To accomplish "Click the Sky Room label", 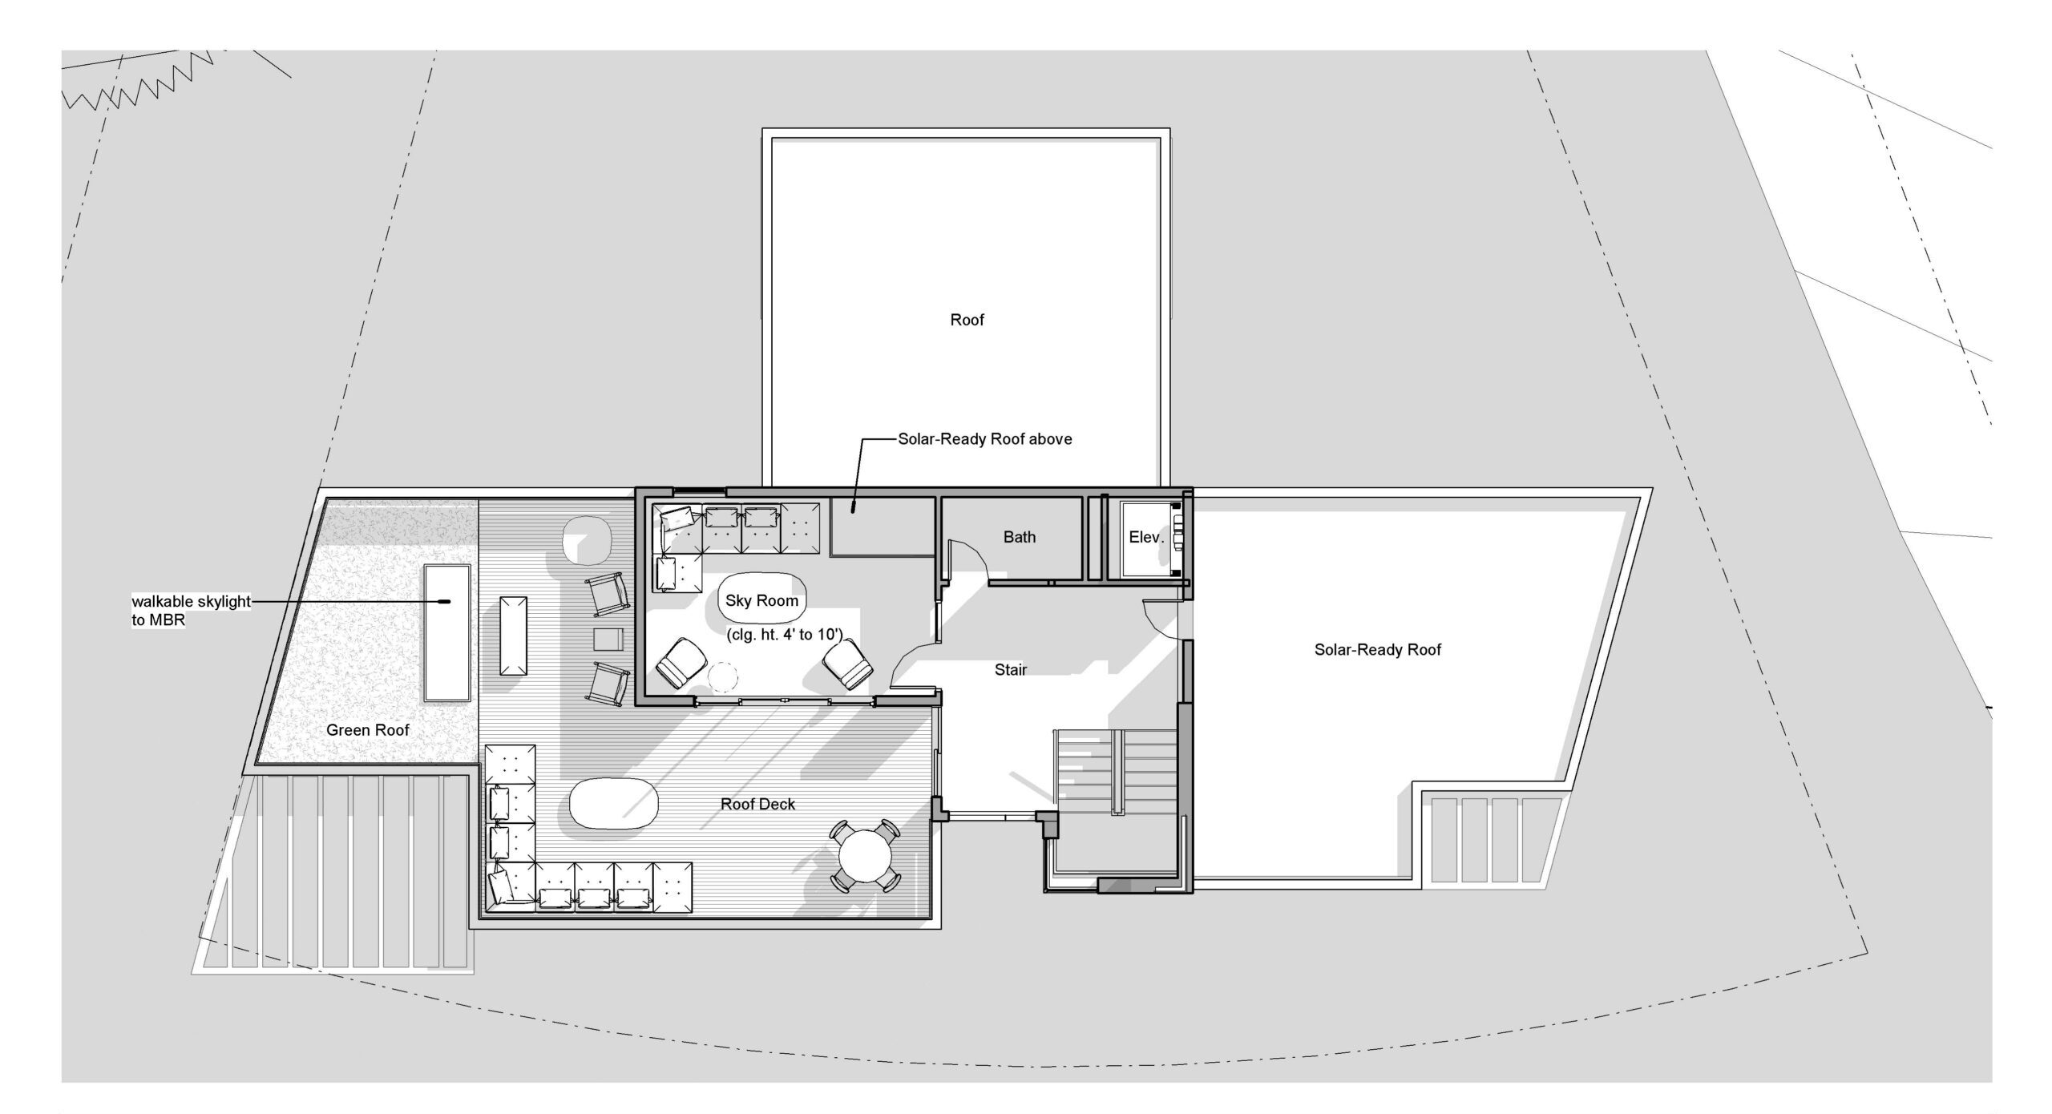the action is click(x=761, y=600).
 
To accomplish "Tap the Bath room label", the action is click(x=1020, y=537).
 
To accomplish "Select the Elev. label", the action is click(x=1146, y=537).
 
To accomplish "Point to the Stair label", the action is click(x=1011, y=669).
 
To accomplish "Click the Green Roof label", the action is click(x=368, y=730).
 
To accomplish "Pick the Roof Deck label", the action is click(x=758, y=804).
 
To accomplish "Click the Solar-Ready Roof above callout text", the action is click(x=985, y=439).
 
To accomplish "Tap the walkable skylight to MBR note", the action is click(x=191, y=611).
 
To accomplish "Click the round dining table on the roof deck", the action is click(x=865, y=856).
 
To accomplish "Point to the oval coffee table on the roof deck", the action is click(x=614, y=804).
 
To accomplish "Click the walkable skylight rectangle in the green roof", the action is click(x=447, y=632).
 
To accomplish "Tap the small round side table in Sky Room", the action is click(x=724, y=676).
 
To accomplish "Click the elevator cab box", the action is click(x=1151, y=538).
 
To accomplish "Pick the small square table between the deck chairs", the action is click(x=608, y=640).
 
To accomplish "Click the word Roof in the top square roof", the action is click(x=967, y=320).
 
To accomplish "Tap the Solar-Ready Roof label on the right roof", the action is click(x=1377, y=650).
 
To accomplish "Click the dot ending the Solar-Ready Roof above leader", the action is click(x=854, y=507).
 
